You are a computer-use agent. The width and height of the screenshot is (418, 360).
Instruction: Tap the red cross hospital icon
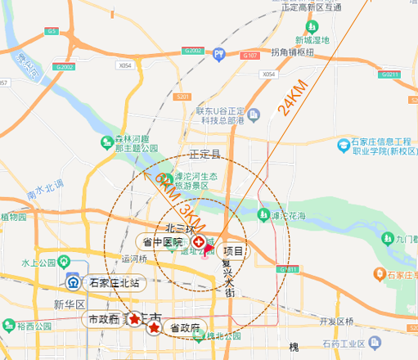(199, 243)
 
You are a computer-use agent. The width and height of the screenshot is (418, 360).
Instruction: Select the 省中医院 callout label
(164, 243)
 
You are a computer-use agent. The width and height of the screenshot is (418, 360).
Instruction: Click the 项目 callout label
(234, 252)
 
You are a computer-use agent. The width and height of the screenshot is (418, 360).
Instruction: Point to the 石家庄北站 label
(114, 283)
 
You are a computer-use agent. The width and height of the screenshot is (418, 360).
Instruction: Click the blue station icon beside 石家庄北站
(73, 283)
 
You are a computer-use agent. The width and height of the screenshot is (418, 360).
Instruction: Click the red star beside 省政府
(155, 328)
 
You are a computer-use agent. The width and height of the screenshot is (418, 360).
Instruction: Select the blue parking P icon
(218, 55)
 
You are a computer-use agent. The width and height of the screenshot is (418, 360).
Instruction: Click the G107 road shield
(250, 55)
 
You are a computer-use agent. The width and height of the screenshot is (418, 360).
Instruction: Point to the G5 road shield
(52, 31)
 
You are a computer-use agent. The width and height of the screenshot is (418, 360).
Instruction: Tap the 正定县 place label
(205, 154)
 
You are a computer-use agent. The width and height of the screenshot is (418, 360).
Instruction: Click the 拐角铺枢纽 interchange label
(294, 52)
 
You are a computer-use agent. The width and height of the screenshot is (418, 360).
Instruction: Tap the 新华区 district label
(70, 304)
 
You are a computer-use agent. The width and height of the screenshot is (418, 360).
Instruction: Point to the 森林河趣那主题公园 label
(135, 144)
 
